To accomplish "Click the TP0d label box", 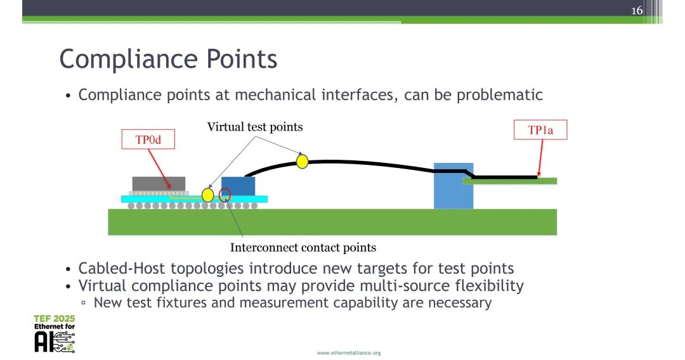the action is click(x=148, y=139).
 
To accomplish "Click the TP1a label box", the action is click(x=540, y=130).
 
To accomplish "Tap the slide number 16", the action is click(x=637, y=10).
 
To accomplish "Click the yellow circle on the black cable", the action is click(x=303, y=162).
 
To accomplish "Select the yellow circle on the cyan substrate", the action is click(x=208, y=195).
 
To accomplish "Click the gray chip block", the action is click(x=159, y=184).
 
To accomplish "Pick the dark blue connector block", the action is click(x=238, y=186).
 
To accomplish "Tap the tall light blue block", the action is click(x=453, y=186).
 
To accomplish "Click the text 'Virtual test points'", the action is click(x=255, y=127).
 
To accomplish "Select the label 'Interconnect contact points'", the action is click(x=303, y=247).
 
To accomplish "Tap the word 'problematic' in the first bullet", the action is click(x=500, y=95).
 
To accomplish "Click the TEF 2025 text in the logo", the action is click(x=54, y=319).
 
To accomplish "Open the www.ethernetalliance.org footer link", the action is click(x=349, y=352).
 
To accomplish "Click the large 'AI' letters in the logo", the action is click(x=44, y=342).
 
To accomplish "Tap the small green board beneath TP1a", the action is click(x=510, y=181).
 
